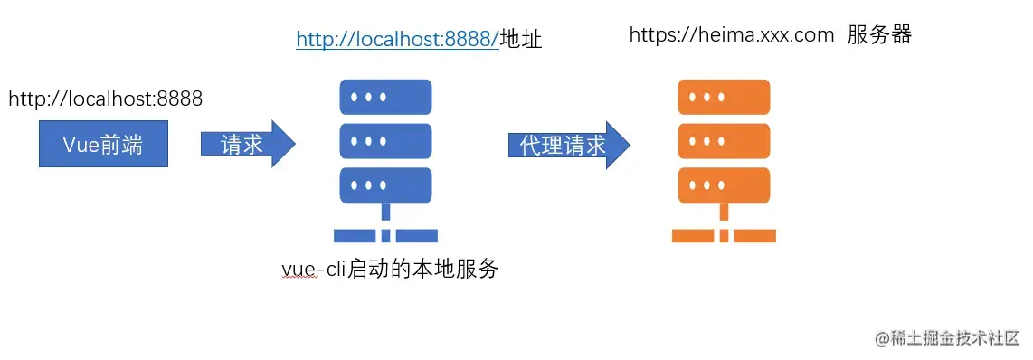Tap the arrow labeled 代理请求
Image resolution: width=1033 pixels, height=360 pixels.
click(x=565, y=145)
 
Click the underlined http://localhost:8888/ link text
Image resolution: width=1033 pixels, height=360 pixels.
click(x=397, y=39)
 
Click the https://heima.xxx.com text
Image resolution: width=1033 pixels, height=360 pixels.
click(x=731, y=34)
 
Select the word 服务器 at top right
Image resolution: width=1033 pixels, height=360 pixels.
click(x=879, y=34)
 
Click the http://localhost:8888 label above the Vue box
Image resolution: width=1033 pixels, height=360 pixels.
click(x=105, y=99)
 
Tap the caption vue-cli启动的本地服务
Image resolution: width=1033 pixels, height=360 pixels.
click(x=390, y=269)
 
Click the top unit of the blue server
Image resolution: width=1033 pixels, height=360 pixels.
click(x=385, y=97)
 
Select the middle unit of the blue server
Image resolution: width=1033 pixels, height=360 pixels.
click(x=385, y=141)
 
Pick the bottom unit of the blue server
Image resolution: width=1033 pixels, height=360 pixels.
click(x=385, y=185)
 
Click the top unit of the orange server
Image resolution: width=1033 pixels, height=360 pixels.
click(x=724, y=97)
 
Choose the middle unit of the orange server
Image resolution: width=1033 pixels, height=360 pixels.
click(x=724, y=141)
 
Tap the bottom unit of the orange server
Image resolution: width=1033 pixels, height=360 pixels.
click(x=724, y=185)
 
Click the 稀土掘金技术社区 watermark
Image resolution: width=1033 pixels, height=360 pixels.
click(x=947, y=338)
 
